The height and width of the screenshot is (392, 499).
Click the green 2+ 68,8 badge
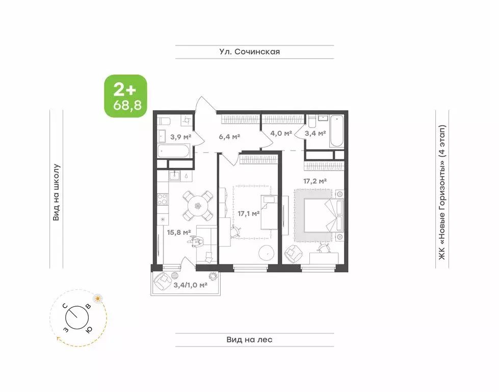[126, 96]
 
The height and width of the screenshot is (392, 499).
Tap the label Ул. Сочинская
[250, 52]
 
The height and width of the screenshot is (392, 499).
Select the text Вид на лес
[250, 340]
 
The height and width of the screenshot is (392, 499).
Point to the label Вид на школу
[56, 192]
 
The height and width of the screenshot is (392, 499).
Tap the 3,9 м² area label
[181, 137]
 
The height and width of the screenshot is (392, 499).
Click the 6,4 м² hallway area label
[229, 137]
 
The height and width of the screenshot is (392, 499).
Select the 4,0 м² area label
[281, 133]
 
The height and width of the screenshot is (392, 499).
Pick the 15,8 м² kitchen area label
[179, 232]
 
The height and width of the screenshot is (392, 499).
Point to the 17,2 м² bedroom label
[315, 181]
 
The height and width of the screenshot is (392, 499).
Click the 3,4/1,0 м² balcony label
[190, 285]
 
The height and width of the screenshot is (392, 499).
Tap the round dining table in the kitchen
[198, 206]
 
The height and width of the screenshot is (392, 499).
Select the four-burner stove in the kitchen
[163, 199]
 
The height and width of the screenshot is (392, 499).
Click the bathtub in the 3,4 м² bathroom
[337, 131]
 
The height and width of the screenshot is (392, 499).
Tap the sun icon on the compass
[98, 299]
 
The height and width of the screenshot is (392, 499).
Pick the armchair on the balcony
[163, 281]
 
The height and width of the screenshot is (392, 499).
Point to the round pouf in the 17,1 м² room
[267, 253]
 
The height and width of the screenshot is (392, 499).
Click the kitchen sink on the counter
[175, 175]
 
